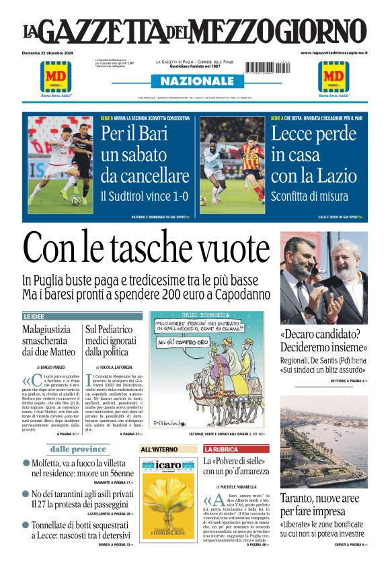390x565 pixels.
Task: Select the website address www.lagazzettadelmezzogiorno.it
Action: point(334,52)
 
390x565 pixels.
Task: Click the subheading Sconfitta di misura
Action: point(309,197)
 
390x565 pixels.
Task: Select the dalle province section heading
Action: point(78,449)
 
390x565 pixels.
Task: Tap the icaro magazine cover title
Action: point(167,465)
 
